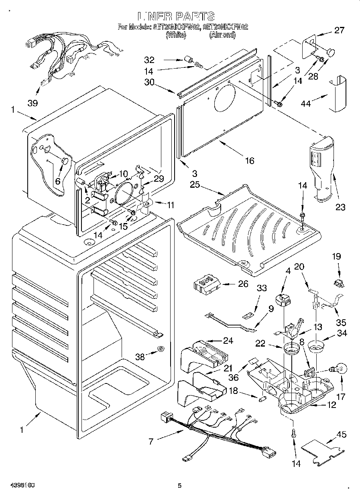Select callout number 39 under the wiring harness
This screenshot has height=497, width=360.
click(33, 103)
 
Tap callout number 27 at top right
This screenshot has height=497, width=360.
click(339, 30)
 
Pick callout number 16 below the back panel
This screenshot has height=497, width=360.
click(250, 160)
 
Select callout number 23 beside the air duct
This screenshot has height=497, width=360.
click(340, 207)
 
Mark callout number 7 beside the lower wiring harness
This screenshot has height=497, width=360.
click(151, 442)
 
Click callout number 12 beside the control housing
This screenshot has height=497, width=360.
click(332, 405)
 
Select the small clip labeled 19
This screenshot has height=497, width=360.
click(338, 283)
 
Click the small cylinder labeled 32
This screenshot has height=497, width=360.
click(187, 60)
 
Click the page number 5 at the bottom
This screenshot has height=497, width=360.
click(179, 486)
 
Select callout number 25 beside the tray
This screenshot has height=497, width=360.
click(195, 185)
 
